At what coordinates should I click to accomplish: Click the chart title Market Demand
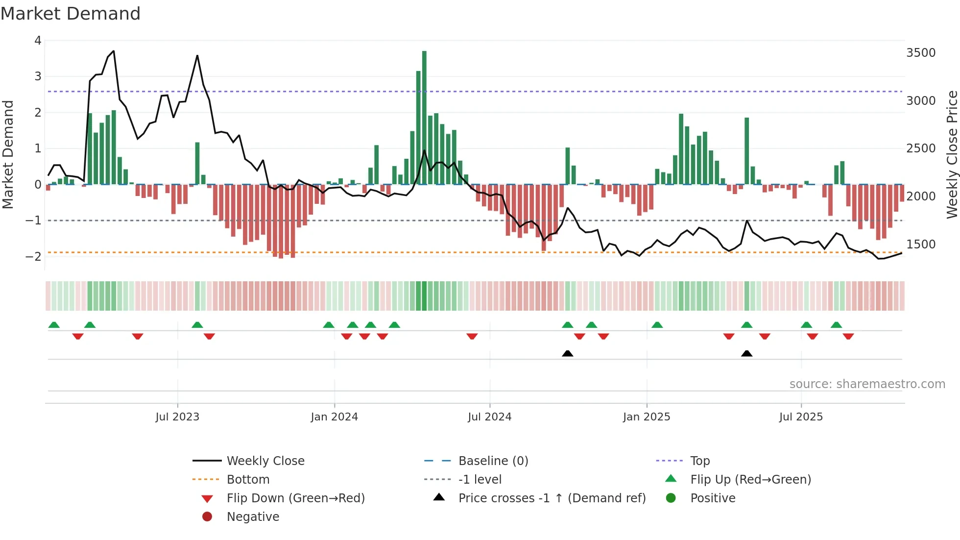(x=71, y=14)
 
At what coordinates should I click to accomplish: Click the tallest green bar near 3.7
(x=424, y=118)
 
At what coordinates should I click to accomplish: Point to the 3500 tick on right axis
(x=920, y=53)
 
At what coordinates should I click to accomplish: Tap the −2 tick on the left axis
(x=34, y=257)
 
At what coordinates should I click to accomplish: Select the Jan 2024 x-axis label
(x=334, y=417)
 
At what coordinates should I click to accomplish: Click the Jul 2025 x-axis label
(x=801, y=417)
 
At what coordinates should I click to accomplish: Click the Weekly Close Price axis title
(x=952, y=154)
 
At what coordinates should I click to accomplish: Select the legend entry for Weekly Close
(x=265, y=461)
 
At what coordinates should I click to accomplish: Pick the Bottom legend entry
(x=248, y=480)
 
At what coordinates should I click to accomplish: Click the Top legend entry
(x=699, y=461)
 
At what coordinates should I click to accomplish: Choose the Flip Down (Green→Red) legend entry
(x=295, y=498)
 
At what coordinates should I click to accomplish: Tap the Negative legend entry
(x=253, y=517)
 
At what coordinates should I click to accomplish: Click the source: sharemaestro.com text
(x=867, y=384)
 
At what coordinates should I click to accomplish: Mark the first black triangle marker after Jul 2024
(x=567, y=353)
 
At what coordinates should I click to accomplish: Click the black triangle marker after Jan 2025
(x=746, y=353)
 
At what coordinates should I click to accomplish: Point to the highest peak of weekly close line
(x=114, y=51)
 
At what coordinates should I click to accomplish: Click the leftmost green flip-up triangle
(x=54, y=325)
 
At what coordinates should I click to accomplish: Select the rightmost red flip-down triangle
(x=848, y=336)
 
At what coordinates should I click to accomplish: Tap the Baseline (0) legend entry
(x=493, y=461)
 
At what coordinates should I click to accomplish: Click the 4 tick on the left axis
(x=38, y=41)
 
